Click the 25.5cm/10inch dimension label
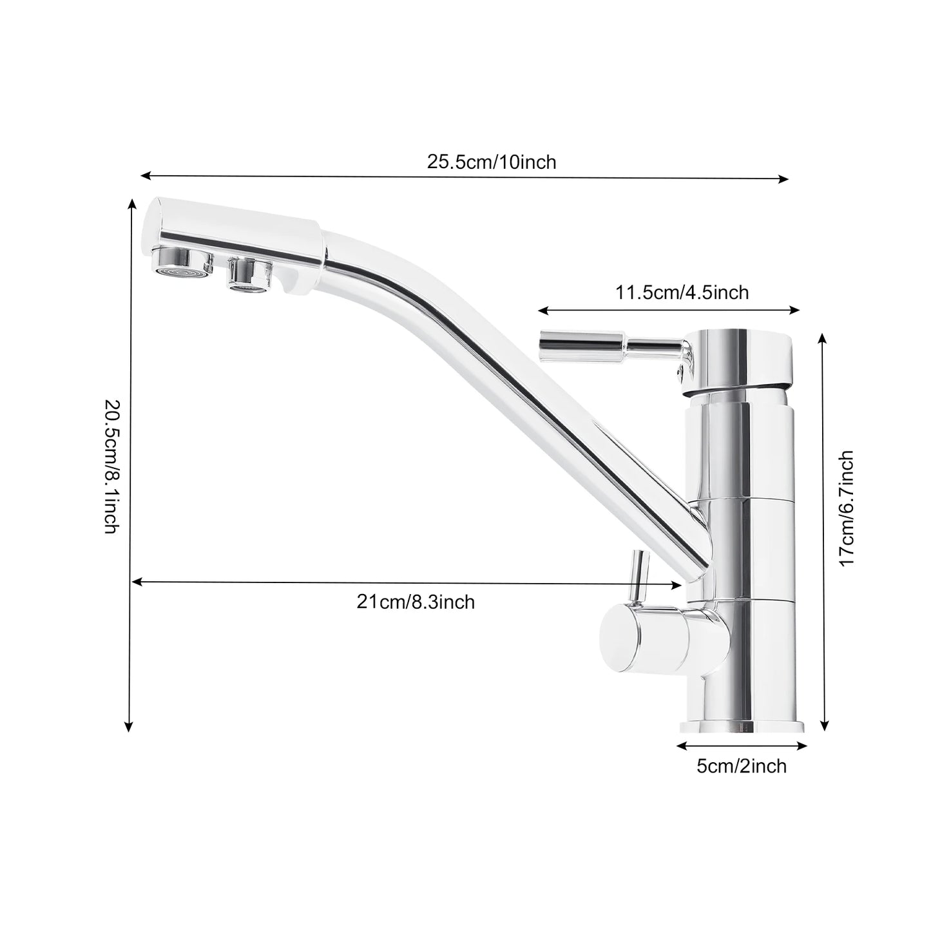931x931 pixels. [491, 162]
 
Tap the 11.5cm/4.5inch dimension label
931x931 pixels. [682, 293]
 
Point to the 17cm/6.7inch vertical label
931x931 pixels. [846, 509]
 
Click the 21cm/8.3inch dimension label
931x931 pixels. [416, 602]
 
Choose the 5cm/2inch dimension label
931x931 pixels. [742, 766]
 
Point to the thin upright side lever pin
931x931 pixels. [638, 577]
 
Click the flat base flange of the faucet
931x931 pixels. [742, 727]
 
